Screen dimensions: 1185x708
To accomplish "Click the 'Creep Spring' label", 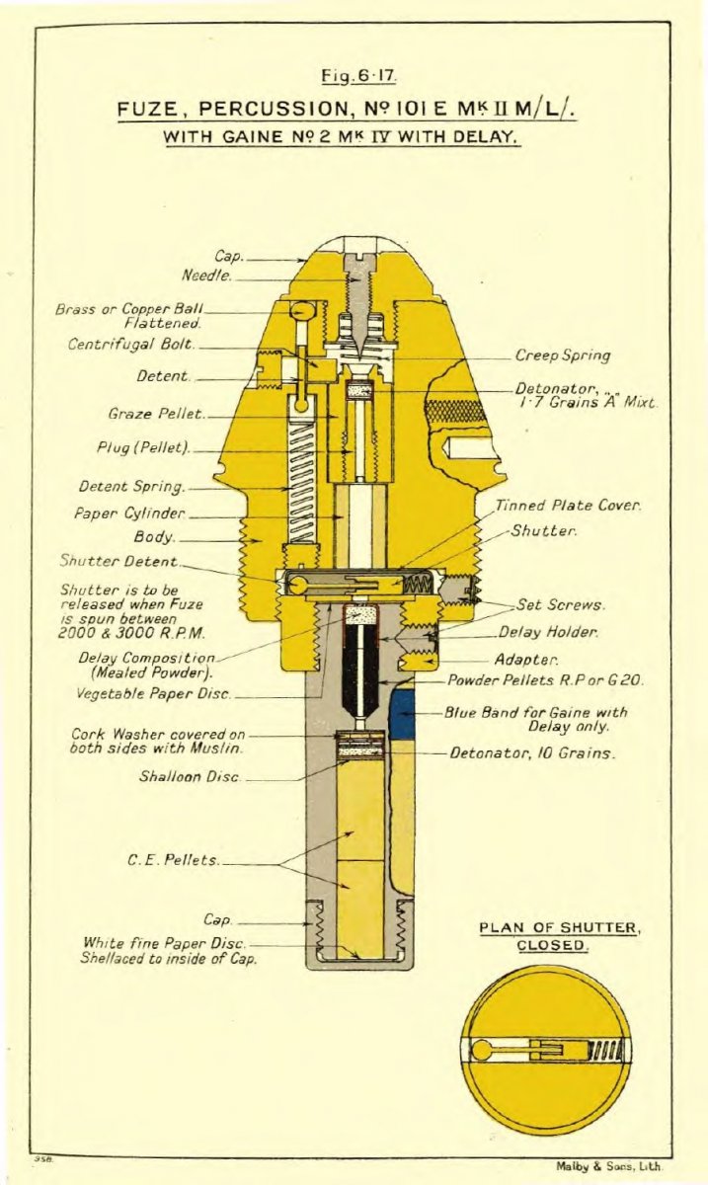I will pos(562,355).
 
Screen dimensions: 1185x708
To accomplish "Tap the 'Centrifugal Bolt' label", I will pos(131,345).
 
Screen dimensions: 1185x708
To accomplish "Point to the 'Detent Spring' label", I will pos(131,486).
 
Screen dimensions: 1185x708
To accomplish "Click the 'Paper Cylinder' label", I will pos(129,513).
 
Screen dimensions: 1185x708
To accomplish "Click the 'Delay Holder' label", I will pos(548,632).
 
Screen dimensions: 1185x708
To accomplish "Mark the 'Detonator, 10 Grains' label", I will pos(533,753).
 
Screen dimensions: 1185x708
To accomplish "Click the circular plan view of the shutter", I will pos(546,1050).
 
